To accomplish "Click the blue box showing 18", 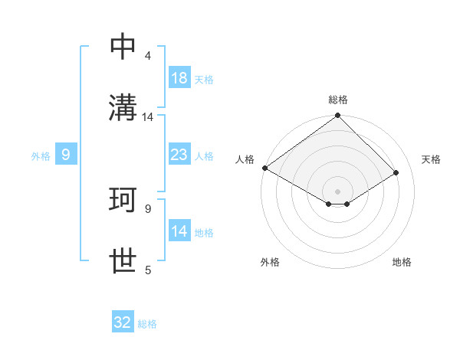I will coord(179,78).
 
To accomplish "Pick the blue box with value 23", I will coord(179,155).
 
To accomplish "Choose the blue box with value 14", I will coord(179,231).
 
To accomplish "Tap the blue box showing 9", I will coord(66,155).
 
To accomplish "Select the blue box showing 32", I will coord(123,322).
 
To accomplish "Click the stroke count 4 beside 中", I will coord(148,56).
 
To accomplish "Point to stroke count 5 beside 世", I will coord(148,270).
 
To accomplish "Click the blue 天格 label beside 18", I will coord(204,79).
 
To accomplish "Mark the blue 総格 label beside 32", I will coord(147,323).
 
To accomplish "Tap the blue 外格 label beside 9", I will coord(41,155).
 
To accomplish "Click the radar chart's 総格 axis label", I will coord(338,100).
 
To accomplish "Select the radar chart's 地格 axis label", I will coord(402,262).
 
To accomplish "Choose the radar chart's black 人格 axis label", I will coord(245,159).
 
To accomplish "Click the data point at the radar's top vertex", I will coord(338,116).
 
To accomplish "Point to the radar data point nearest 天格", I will coord(396,172).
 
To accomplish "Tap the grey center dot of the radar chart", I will coord(338,191).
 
